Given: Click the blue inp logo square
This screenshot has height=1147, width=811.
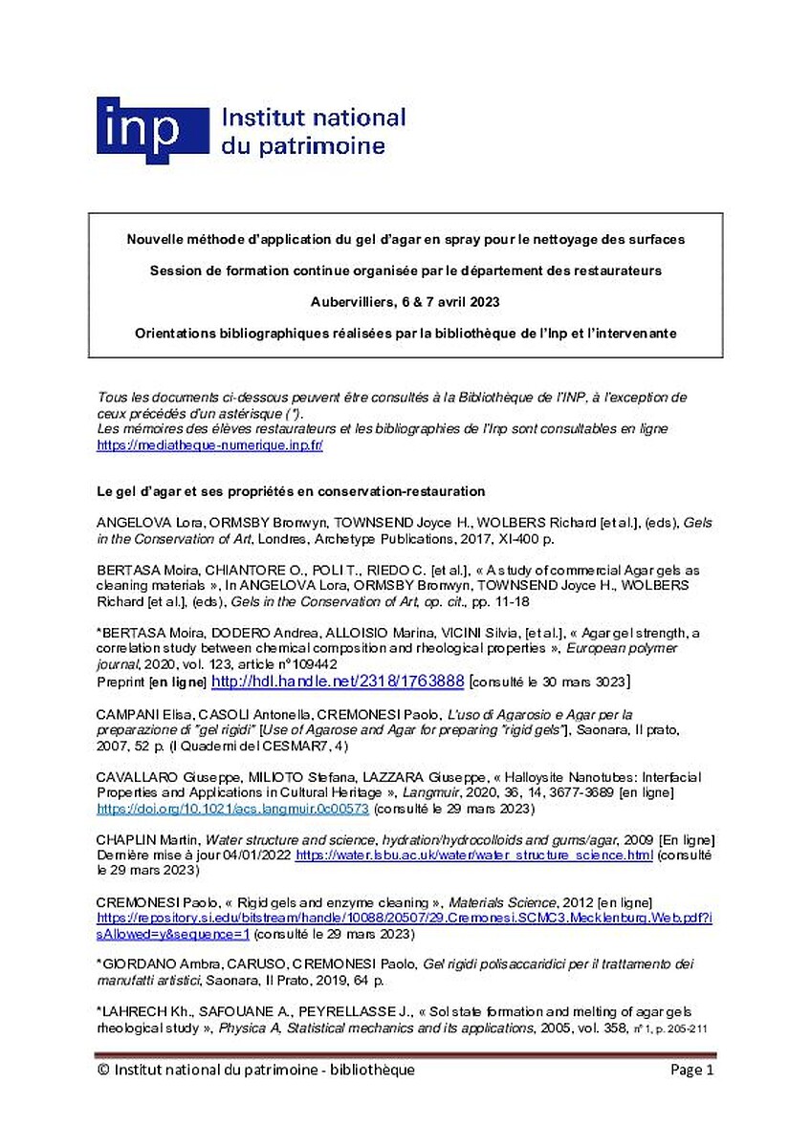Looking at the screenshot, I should tap(152, 129).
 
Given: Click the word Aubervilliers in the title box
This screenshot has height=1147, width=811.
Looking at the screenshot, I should tap(352, 301).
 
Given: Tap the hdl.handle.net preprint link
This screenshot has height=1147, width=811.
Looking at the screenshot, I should tap(338, 682).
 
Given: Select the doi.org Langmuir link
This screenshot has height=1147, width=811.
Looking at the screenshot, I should tap(232, 809).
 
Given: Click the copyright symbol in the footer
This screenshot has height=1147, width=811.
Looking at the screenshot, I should tap(103, 1071).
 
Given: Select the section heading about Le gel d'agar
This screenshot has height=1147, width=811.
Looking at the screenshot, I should tap(291, 491).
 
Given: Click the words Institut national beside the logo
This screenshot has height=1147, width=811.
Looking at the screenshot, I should tap(313, 119).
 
